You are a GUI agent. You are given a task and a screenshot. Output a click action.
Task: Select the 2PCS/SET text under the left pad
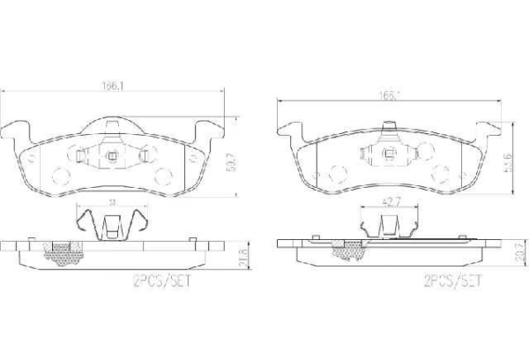click(160, 283)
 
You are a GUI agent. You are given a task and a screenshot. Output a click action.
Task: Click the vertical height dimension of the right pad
click(508, 161)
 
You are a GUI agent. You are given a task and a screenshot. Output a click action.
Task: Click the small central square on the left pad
click(112, 158)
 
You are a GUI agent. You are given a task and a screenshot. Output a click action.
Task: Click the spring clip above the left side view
click(111, 221)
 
